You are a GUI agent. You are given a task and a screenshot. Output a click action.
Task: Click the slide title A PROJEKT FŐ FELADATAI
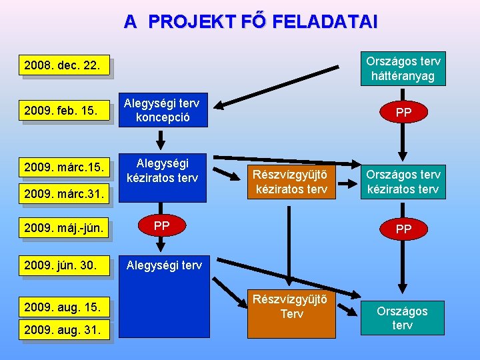tap(250, 22)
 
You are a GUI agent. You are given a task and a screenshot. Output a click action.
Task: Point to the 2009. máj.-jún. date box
tap(64, 229)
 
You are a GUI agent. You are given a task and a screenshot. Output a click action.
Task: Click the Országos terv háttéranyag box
tap(403, 69)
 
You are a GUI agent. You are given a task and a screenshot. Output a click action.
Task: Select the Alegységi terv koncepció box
tap(163, 109)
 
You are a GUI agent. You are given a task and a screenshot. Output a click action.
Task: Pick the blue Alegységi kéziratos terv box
tap(163, 170)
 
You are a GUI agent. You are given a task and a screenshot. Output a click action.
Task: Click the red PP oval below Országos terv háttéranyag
tap(403, 113)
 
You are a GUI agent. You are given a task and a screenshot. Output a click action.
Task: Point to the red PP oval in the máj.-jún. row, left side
tap(161, 226)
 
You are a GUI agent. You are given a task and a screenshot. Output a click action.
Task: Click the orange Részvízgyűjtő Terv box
tap(291, 314)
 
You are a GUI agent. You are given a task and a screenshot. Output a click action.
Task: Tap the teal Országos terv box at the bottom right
tap(402, 318)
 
